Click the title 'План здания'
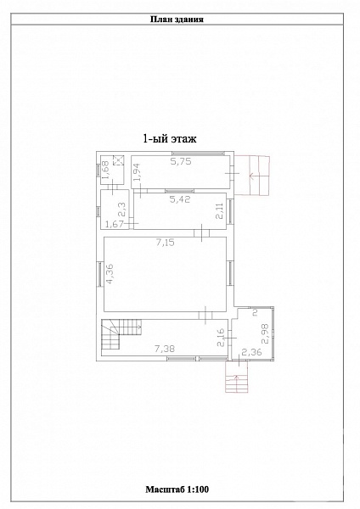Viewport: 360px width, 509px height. tap(177, 20)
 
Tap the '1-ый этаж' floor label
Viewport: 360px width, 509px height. tap(170, 139)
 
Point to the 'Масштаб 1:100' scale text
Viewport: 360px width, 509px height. tap(177, 489)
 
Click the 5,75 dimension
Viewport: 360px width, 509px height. tap(181, 161)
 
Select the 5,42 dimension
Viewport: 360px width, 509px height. tap(180, 199)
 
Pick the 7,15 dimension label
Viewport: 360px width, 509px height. tap(165, 242)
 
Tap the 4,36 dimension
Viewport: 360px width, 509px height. tap(110, 275)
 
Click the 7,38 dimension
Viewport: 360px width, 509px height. tap(165, 349)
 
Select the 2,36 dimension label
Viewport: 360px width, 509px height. tap(251, 352)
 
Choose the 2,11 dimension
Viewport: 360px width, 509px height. tap(221, 210)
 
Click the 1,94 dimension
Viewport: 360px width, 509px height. tap(138, 171)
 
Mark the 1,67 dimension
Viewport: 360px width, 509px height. tap(116, 224)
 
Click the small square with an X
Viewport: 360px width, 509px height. tap(118, 160)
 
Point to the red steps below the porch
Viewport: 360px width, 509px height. tap(237, 377)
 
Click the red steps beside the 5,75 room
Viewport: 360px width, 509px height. tap(252, 176)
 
